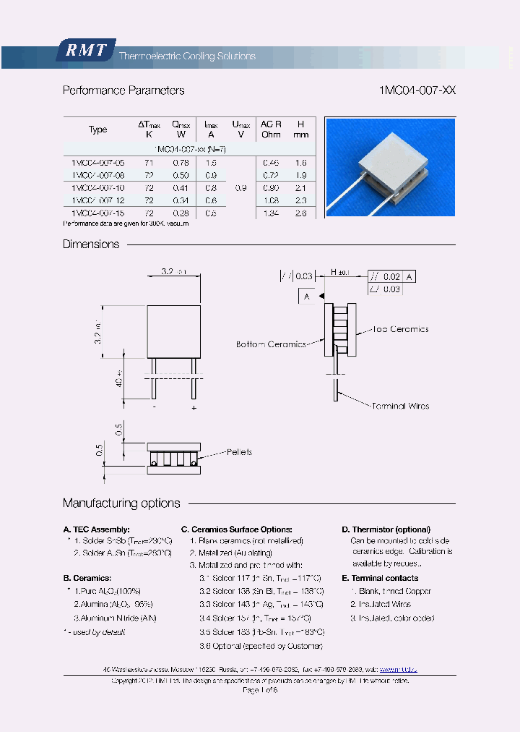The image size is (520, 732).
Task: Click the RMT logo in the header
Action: [x=84, y=50]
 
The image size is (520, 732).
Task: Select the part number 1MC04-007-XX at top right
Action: [x=417, y=90]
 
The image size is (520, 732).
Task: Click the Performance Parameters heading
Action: [x=123, y=90]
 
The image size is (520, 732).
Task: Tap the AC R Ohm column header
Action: [x=271, y=129]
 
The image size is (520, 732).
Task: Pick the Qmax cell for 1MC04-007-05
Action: [x=181, y=163]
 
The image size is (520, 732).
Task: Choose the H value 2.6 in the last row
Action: [x=301, y=213]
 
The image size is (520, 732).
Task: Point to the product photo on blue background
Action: [x=390, y=167]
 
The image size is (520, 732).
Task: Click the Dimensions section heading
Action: [x=91, y=244]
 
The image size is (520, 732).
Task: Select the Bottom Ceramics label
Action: [x=271, y=344]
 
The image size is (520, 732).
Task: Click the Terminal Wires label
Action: [x=400, y=406]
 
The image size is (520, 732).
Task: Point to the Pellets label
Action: [x=239, y=452]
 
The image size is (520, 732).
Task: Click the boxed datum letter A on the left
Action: [x=306, y=297]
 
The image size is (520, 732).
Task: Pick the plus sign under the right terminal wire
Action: [x=194, y=408]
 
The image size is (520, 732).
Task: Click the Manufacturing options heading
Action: [x=121, y=503]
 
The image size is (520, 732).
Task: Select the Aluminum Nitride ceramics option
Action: [x=115, y=618]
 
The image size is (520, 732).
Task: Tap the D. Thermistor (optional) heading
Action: [x=386, y=529]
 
